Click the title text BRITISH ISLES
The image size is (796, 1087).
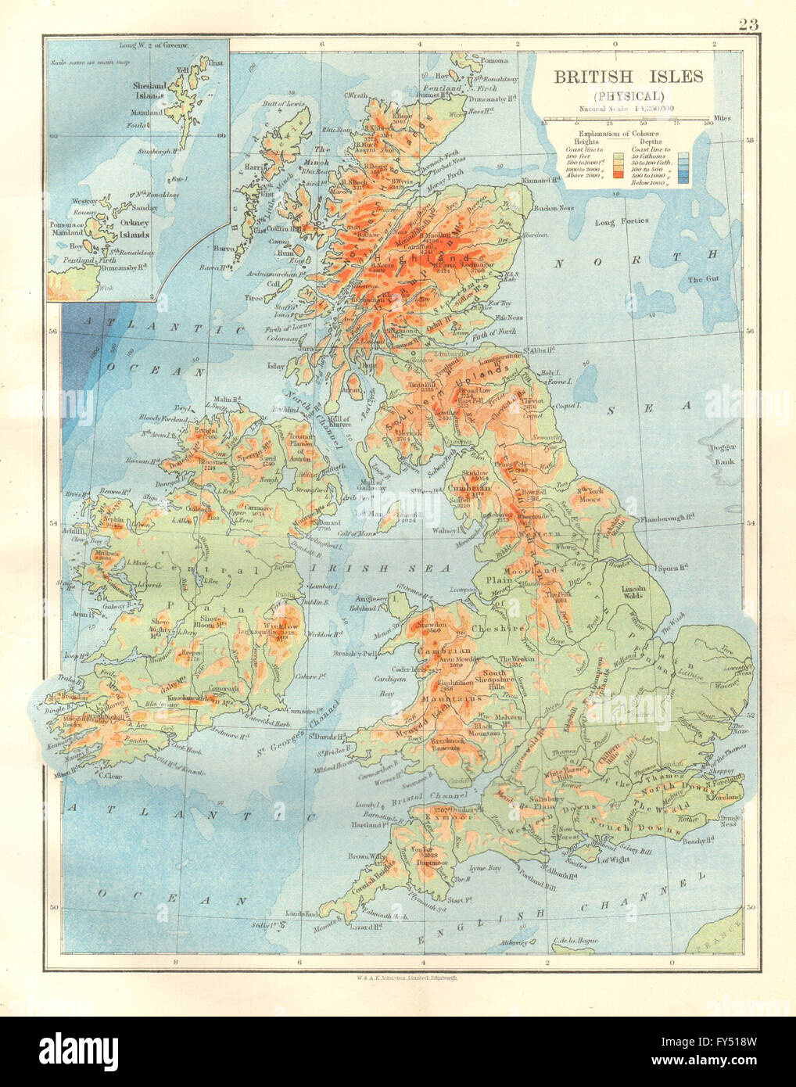628,77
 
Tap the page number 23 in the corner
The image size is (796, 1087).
748,24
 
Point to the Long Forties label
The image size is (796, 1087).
622,221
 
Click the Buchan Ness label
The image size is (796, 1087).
557,208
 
